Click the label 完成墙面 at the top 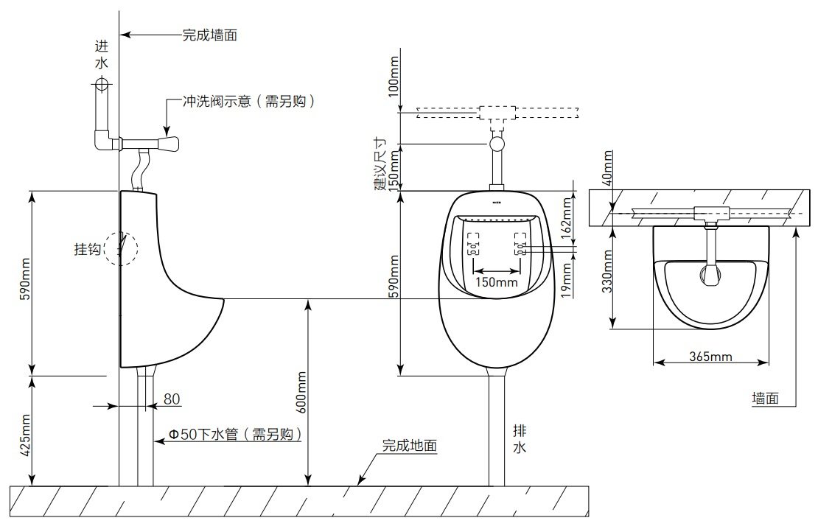coord(210,34)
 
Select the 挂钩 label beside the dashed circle coord(87,249)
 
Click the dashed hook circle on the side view coord(121,248)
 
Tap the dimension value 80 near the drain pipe coord(172,399)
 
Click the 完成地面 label coord(410,446)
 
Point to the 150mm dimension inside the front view coord(495,281)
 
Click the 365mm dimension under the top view coord(710,357)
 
